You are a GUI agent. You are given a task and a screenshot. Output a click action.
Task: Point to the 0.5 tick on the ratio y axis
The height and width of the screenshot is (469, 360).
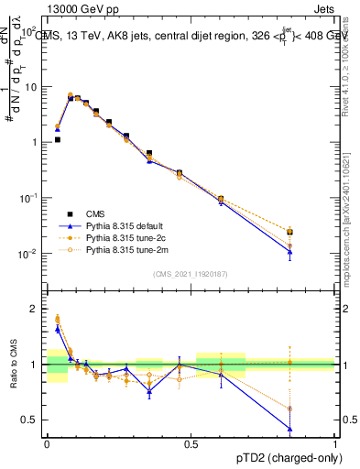point(32,420)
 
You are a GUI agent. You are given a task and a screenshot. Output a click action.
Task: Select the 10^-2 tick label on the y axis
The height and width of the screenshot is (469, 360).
point(28,254)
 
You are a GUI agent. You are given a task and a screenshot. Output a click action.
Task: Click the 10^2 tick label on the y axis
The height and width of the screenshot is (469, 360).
point(28,32)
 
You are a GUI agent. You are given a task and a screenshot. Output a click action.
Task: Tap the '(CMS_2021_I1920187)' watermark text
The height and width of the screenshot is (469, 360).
point(191,274)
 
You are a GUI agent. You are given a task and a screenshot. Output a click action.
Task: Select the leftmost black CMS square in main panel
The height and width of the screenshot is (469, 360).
point(57,140)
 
